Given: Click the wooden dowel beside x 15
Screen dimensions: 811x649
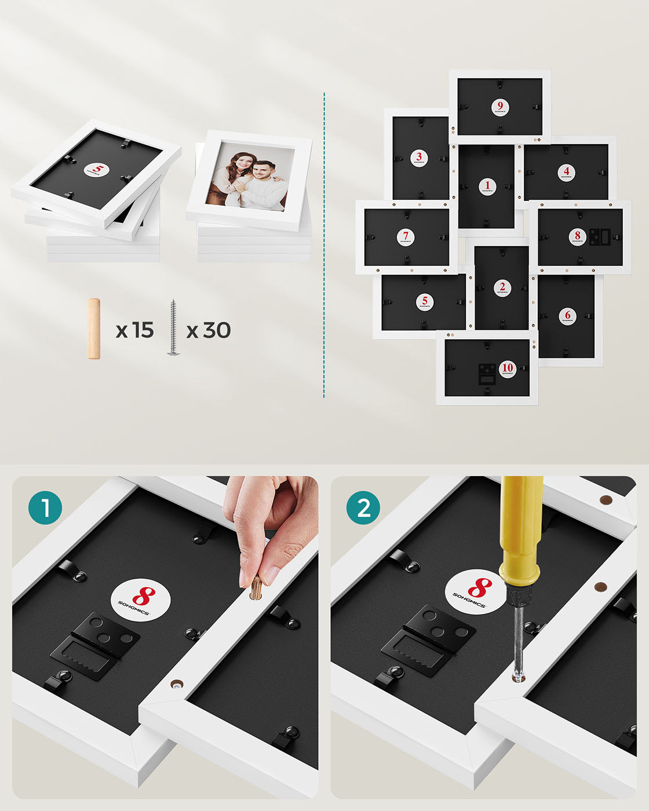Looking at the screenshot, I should (x=93, y=328).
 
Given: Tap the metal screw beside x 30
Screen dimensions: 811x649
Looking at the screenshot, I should (x=173, y=328).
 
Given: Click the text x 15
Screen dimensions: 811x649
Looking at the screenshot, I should (x=134, y=330).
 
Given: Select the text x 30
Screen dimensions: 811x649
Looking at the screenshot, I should (x=209, y=330).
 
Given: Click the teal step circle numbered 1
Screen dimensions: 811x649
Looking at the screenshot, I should (x=45, y=508).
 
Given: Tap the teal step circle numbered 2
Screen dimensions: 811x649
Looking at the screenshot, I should (x=363, y=508).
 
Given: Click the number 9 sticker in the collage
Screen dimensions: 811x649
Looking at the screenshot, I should (x=500, y=107).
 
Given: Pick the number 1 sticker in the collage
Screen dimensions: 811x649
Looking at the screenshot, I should (x=487, y=187).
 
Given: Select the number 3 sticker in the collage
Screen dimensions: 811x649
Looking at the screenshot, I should (x=419, y=158).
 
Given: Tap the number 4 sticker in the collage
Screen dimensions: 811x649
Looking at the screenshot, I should (x=566, y=172).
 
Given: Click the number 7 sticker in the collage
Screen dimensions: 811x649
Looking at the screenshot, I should (x=405, y=237).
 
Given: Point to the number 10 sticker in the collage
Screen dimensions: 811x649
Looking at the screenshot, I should (x=508, y=368).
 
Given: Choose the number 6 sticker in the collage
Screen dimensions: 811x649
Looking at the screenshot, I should (x=567, y=316).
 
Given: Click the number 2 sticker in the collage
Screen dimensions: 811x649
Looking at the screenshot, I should (x=502, y=288).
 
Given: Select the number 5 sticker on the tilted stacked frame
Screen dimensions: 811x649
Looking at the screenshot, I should (x=97, y=170).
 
